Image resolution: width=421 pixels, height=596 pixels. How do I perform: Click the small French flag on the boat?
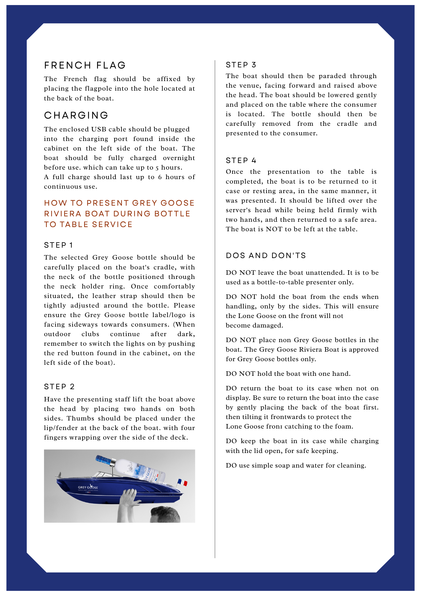tap(182, 482)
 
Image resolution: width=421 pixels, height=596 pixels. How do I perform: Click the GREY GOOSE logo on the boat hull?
tap(88, 487)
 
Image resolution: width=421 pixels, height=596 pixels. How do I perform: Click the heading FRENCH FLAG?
tap(85, 65)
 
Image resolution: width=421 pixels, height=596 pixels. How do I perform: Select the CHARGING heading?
tap(76, 115)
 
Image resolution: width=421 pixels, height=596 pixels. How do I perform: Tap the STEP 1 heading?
tap(58, 245)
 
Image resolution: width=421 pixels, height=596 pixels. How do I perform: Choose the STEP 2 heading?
tap(59, 387)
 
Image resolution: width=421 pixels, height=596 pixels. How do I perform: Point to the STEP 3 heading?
tap(241, 65)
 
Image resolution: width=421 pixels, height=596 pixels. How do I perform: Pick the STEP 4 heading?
tap(241, 161)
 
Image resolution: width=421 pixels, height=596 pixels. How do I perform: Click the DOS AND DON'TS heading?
tap(266, 256)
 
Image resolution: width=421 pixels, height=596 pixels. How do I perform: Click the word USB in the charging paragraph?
tap(99, 129)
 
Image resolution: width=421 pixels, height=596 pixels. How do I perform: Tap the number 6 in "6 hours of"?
tap(160, 177)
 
